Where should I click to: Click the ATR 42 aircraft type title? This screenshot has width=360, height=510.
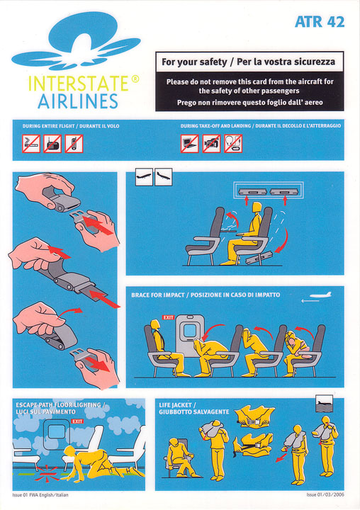coord(320,22)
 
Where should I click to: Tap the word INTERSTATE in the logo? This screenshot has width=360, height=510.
coord(79,84)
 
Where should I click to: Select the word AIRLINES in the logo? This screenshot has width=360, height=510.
coord(78,101)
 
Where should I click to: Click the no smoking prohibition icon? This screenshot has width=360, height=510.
coord(31,144)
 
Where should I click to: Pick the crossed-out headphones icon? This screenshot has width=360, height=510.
coord(233,144)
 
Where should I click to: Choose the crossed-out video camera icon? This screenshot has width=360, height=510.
coord(212,144)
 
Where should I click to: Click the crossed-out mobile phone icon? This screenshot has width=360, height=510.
coord(74,144)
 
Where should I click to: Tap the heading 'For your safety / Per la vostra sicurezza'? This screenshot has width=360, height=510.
coord(248,62)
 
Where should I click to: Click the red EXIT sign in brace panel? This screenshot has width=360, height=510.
coord(168,317)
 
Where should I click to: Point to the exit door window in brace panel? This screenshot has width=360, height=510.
coord(189,331)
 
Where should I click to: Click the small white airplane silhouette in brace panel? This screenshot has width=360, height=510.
coord(320,295)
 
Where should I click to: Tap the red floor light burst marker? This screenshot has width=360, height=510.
coord(46,474)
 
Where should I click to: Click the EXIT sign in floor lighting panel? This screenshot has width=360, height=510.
coord(77,421)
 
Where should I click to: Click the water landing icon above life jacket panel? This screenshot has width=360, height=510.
coord(325,404)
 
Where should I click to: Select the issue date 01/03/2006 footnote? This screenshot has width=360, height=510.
coord(325,494)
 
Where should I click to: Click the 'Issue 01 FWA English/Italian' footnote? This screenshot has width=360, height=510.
coord(40,495)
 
